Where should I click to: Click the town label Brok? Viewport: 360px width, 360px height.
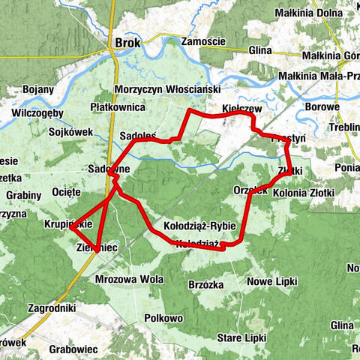(124, 43)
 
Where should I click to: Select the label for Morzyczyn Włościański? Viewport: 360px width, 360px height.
(166, 89)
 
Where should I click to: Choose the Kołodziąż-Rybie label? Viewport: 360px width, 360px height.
(199, 226)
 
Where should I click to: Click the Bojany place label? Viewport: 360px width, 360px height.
(38, 88)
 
